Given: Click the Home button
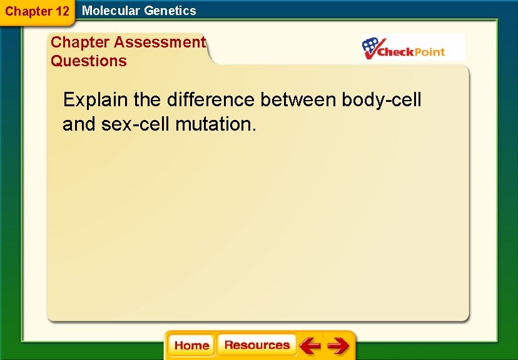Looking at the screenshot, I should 191,346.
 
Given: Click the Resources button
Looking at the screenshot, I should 256,346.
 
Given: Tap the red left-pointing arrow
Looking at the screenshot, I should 310,346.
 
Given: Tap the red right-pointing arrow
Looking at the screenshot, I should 338,346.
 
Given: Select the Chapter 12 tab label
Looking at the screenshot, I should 37,11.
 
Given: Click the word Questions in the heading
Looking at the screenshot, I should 88,61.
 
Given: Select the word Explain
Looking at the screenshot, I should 96,100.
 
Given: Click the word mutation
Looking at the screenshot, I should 215,124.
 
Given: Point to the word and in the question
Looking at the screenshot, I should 78,124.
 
